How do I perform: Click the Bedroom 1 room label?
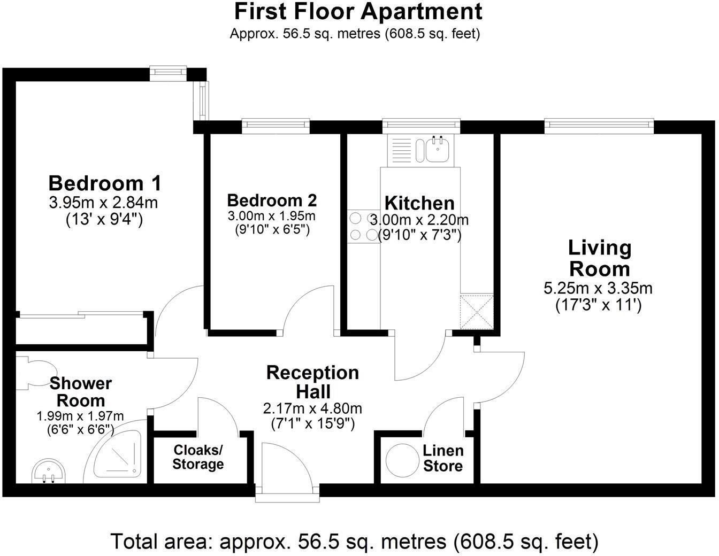click(x=104, y=183)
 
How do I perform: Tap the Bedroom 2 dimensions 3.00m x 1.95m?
click(x=272, y=217)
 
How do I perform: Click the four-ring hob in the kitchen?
click(x=363, y=226)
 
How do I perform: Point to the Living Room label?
click(x=599, y=258)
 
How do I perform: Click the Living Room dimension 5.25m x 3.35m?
click(x=598, y=289)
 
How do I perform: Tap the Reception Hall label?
click(x=313, y=382)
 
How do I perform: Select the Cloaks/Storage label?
click(x=197, y=457)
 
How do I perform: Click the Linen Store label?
click(x=442, y=458)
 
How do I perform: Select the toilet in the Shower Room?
click(x=37, y=373)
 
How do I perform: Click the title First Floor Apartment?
click(x=358, y=11)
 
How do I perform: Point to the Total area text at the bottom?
click(x=354, y=542)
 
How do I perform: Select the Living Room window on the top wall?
click(x=599, y=126)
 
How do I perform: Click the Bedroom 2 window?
click(x=276, y=126)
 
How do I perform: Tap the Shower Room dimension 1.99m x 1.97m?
click(x=80, y=416)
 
